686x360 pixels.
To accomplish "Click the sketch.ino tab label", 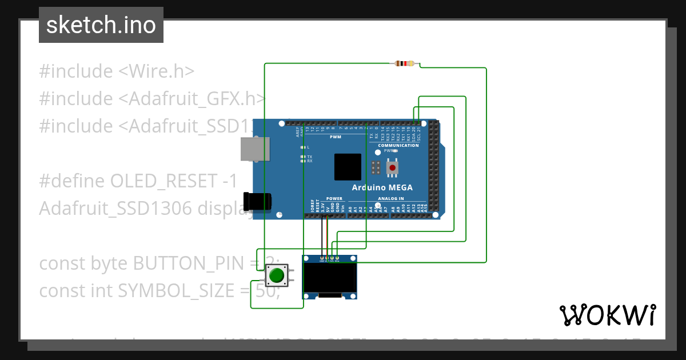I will click(101, 25).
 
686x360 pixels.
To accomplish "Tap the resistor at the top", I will click(405, 63).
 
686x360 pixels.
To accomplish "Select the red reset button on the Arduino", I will click(393, 167).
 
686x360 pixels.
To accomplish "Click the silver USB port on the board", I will click(254, 149).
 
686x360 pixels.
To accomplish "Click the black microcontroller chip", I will click(348, 167).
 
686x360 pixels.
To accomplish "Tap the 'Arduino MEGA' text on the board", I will click(382, 187).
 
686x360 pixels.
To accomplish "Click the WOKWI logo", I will click(607, 315).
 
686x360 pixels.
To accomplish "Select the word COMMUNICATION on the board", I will click(398, 145).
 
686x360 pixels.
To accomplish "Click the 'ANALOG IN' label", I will click(390, 199).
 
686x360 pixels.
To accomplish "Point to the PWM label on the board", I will click(335, 137).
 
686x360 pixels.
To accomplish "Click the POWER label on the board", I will click(326, 199).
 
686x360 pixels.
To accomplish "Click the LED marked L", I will click(303, 147).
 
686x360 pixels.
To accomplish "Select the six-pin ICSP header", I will click(376, 167).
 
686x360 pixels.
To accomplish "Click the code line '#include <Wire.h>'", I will click(117, 71).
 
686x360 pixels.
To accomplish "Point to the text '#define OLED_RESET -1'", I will click(138, 181).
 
